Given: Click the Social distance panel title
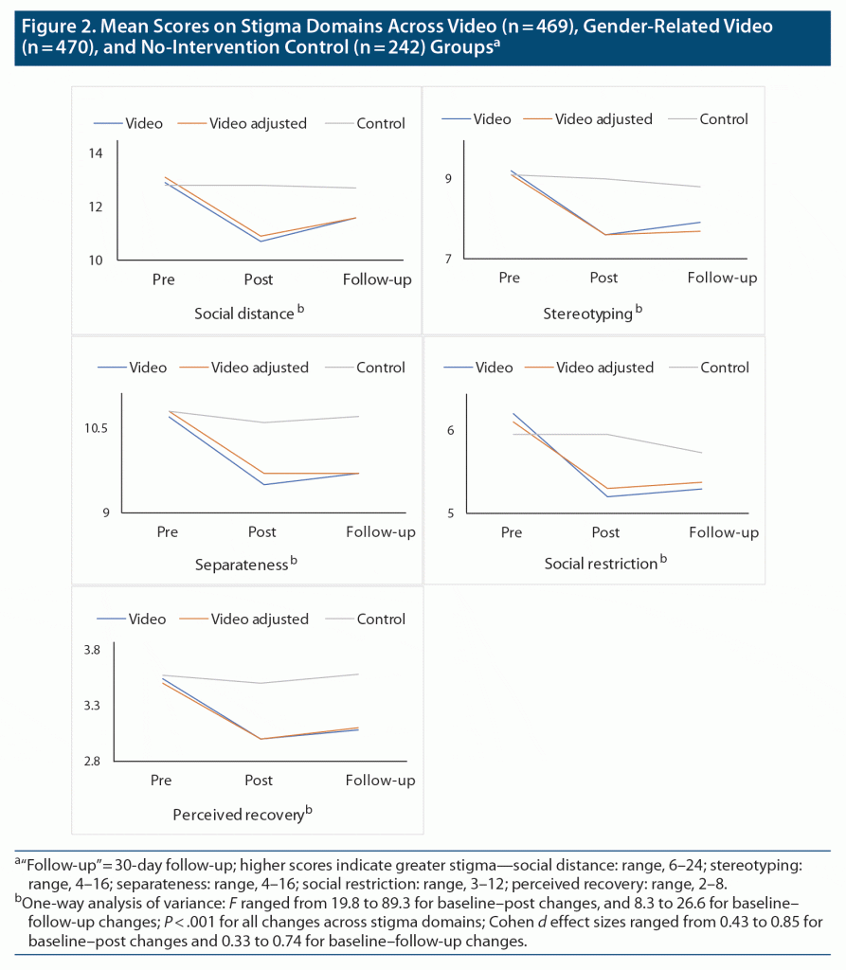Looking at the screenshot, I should (x=244, y=314).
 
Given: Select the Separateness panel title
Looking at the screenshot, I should (x=241, y=565).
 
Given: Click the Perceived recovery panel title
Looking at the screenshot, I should (x=238, y=814).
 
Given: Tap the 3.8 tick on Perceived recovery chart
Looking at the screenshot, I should (x=91, y=651).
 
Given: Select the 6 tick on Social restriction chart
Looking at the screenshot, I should (x=451, y=430).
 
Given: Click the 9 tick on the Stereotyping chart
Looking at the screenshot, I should (x=449, y=179).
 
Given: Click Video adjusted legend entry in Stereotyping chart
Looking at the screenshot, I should (x=603, y=119).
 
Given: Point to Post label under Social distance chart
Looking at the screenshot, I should (x=259, y=279).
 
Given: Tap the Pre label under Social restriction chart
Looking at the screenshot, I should (x=512, y=532).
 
